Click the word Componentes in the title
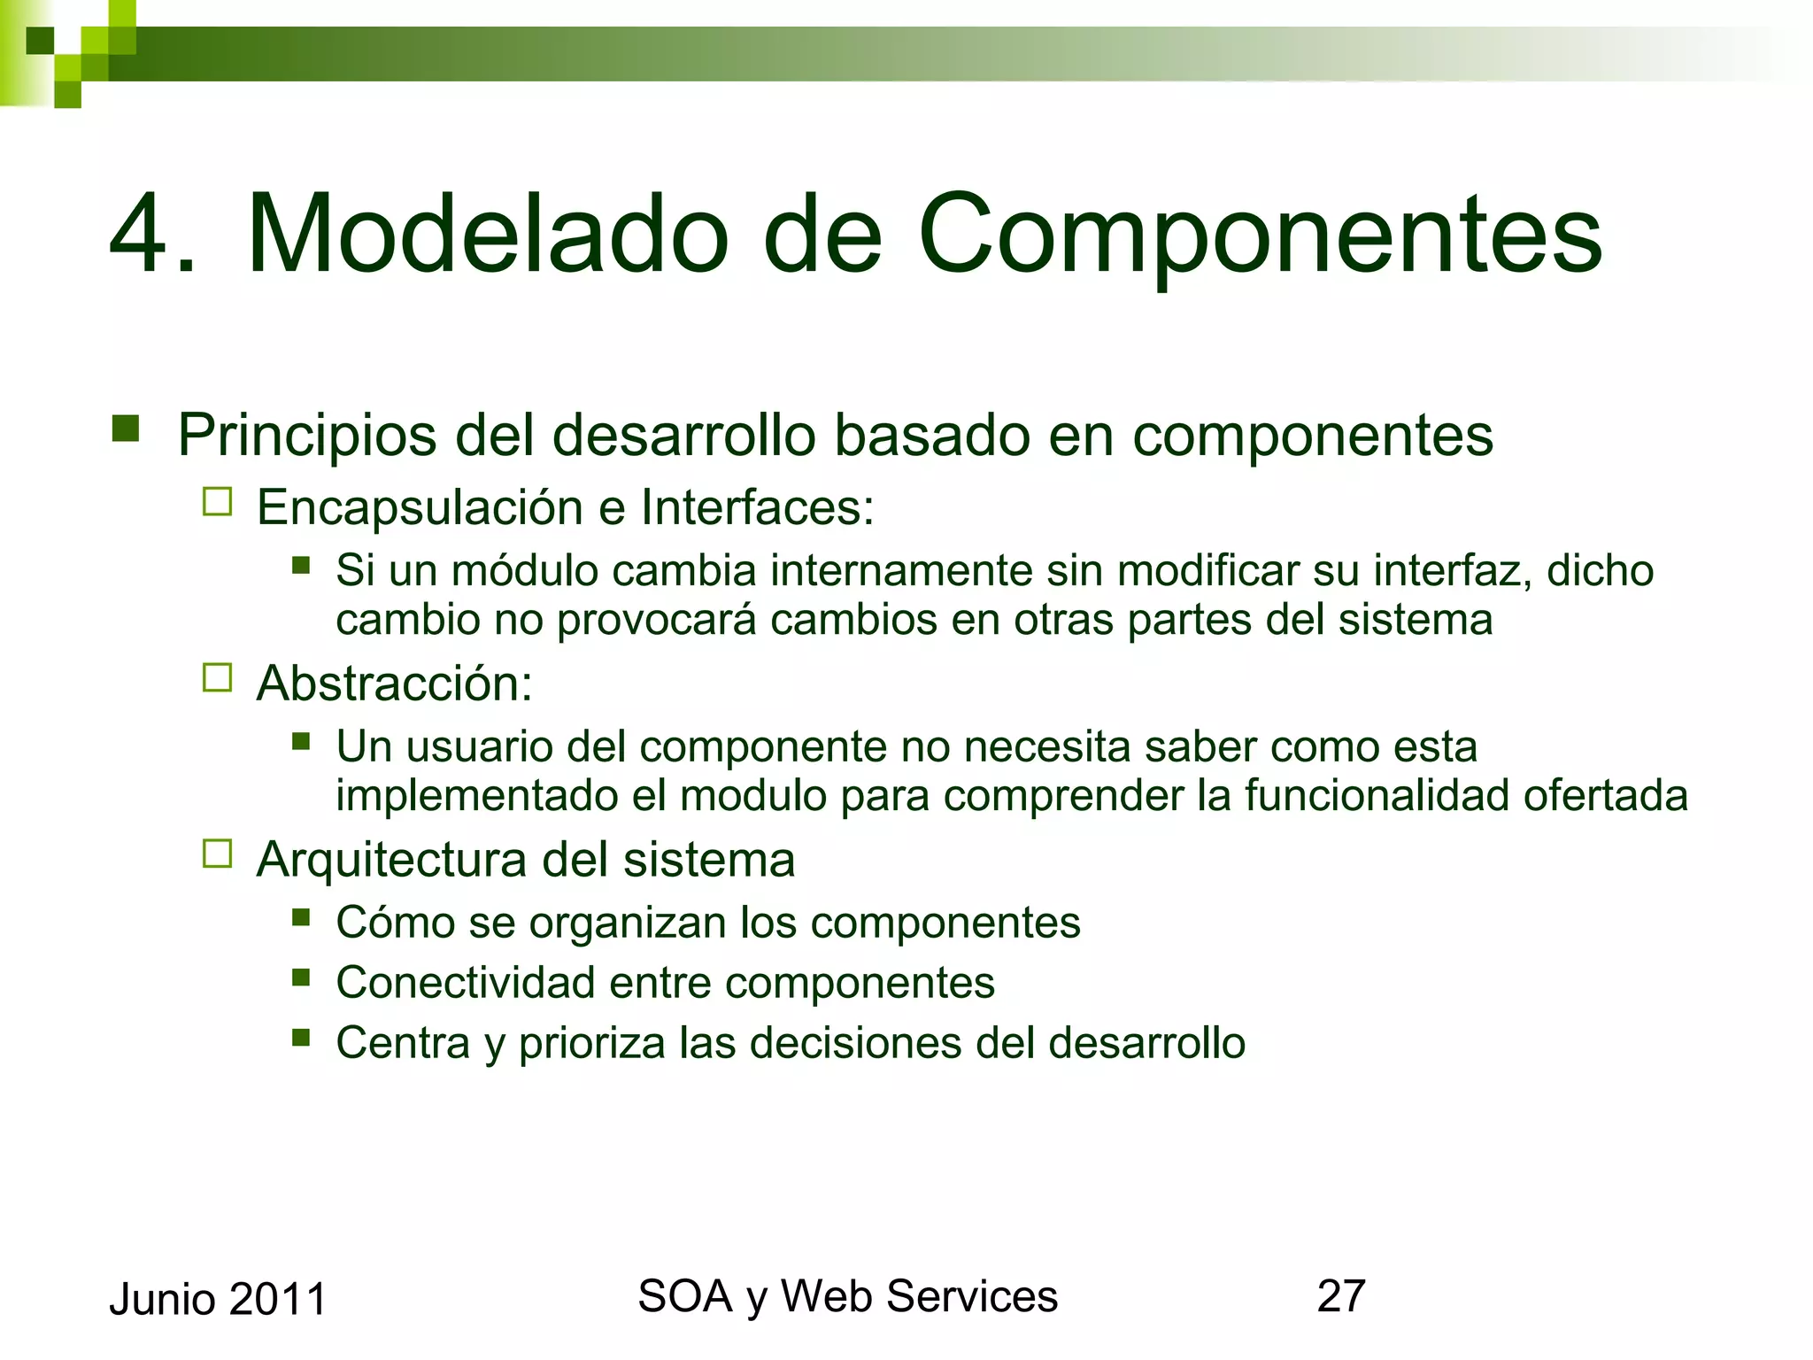pyautogui.click(x=1260, y=235)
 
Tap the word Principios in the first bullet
pyautogui.click(x=306, y=436)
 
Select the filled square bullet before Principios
pyautogui.click(x=126, y=429)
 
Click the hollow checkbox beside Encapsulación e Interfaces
pyautogui.click(x=217, y=502)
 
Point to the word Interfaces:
pyautogui.click(x=757, y=507)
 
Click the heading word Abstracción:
pyautogui.click(x=395, y=684)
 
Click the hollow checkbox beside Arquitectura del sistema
pyautogui.click(x=217, y=854)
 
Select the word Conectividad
pyautogui.click(x=466, y=983)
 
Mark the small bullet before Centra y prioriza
pyautogui.click(x=301, y=1037)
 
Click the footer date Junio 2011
pyautogui.click(x=218, y=1300)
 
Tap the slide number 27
pyautogui.click(x=1340, y=1296)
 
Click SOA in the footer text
pyautogui.click(x=684, y=1296)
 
